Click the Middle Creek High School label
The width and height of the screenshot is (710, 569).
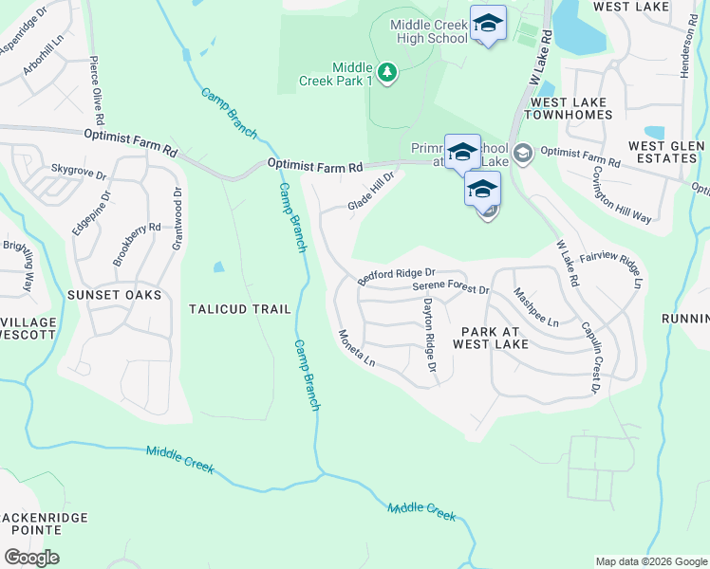[x=428, y=30]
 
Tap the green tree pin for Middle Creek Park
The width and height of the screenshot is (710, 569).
[x=386, y=73]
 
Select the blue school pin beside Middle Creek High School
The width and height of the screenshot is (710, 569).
[x=488, y=24]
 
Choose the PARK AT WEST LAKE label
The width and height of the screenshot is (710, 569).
[x=490, y=337]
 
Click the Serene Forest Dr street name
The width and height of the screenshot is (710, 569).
[x=450, y=288]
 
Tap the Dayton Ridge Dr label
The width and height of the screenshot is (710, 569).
[x=429, y=334]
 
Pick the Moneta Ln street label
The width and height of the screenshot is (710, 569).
[x=357, y=349]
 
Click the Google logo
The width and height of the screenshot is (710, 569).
[x=32, y=558]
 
